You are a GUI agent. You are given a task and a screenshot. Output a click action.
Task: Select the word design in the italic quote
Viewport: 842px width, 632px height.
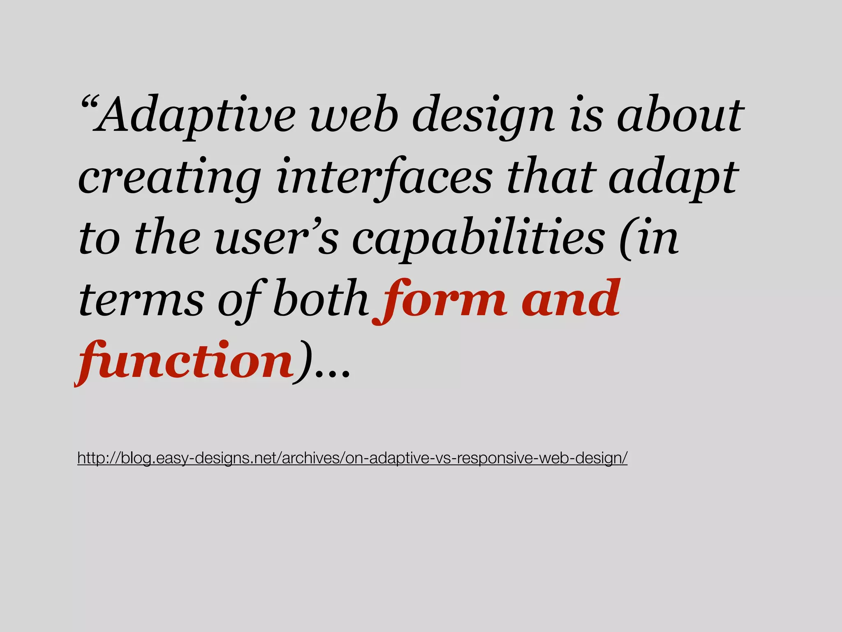click(x=483, y=116)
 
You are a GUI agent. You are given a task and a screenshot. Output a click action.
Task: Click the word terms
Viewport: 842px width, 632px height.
click(x=141, y=300)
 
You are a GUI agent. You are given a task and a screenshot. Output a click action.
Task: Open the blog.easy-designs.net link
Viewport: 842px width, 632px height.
click(x=352, y=458)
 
